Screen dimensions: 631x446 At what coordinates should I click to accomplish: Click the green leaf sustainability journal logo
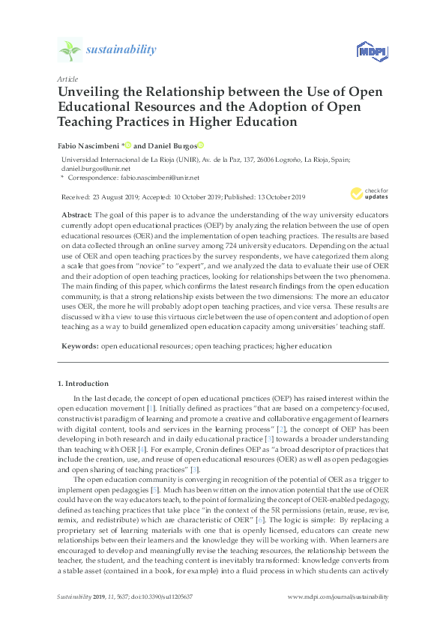point(70,50)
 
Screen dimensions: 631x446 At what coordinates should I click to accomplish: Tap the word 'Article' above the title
point(67,79)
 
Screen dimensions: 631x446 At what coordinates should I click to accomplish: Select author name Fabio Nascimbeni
point(88,145)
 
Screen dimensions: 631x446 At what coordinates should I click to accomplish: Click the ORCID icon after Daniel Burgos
point(200,145)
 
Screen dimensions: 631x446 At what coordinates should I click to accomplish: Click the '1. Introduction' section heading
point(82,384)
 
